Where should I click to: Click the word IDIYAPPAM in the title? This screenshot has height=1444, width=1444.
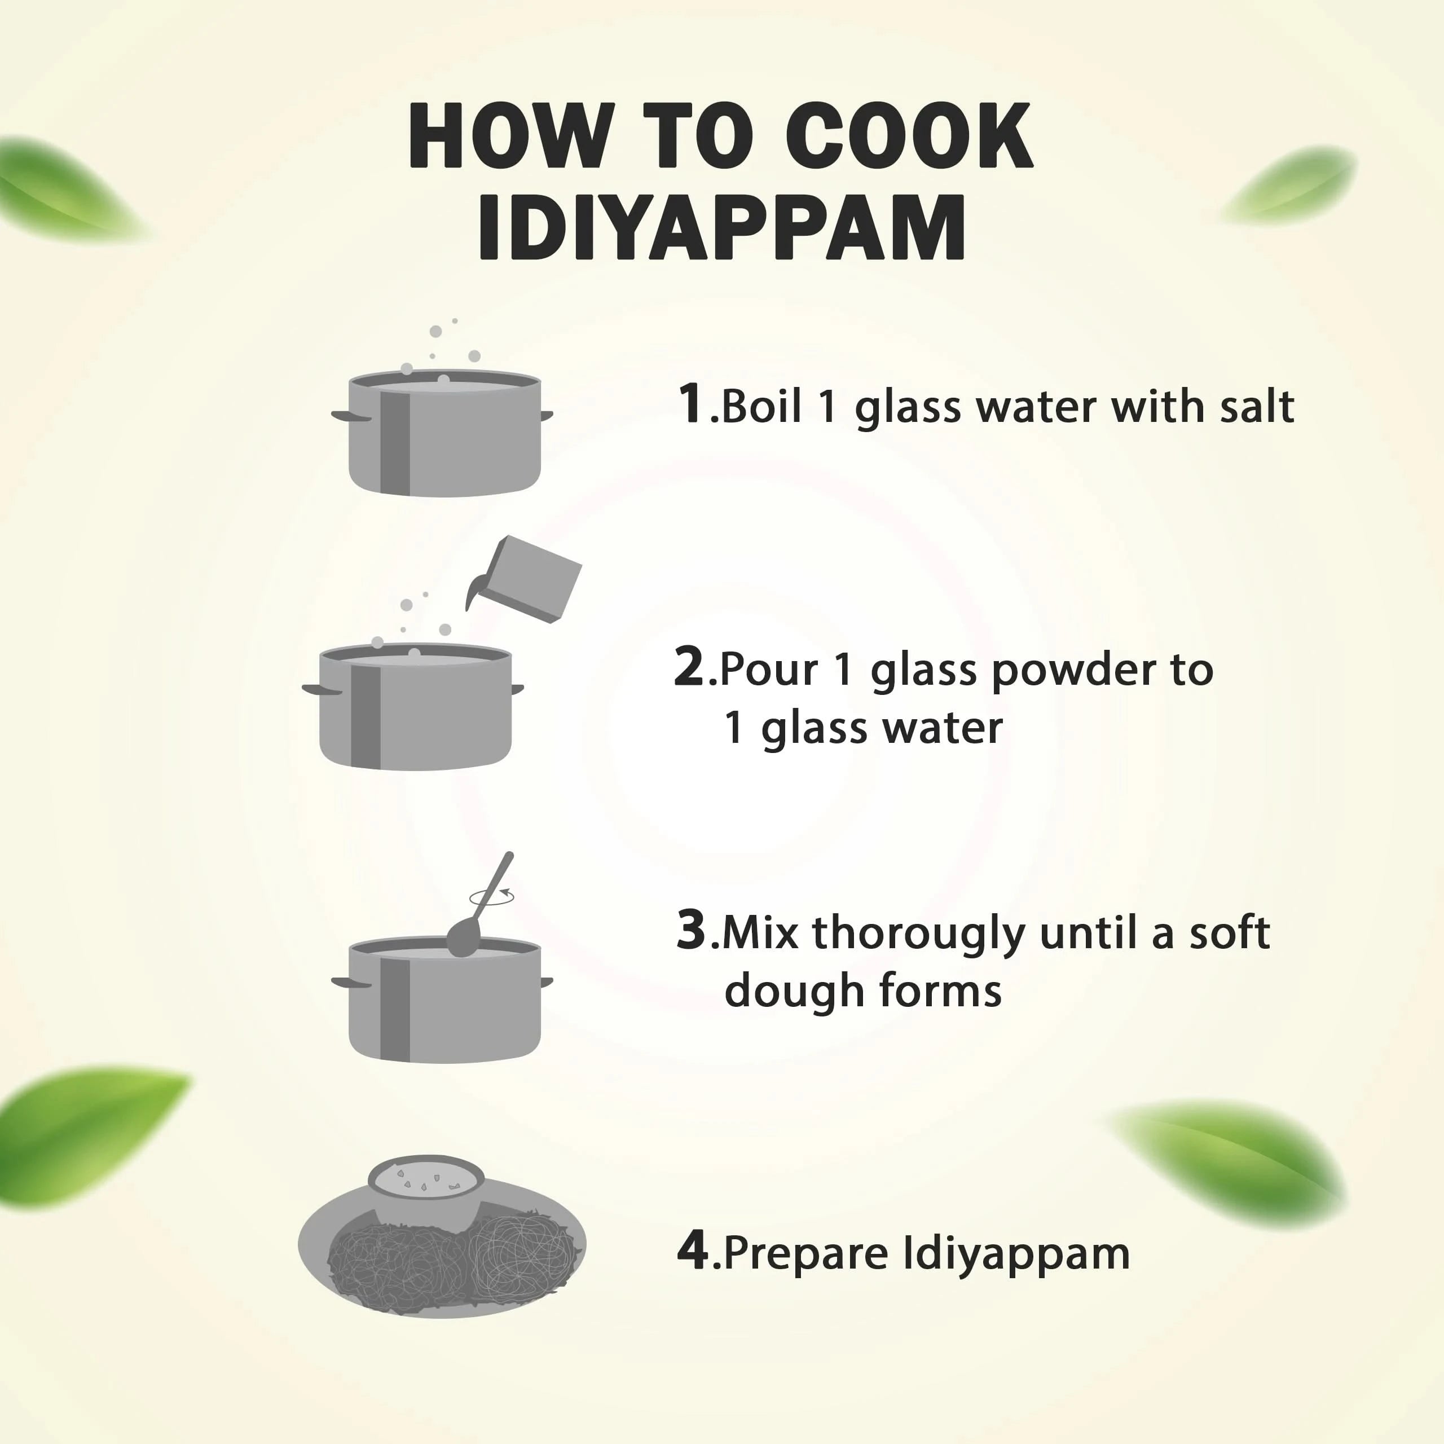point(722,227)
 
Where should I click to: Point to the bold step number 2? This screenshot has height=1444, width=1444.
point(689,667)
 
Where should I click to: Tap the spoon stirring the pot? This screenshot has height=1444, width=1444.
point(478,908)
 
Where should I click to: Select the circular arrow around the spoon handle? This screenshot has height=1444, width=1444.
point(492,897)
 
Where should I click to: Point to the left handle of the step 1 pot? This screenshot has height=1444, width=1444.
point(350,416)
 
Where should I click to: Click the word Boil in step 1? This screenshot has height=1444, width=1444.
point(761,407)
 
